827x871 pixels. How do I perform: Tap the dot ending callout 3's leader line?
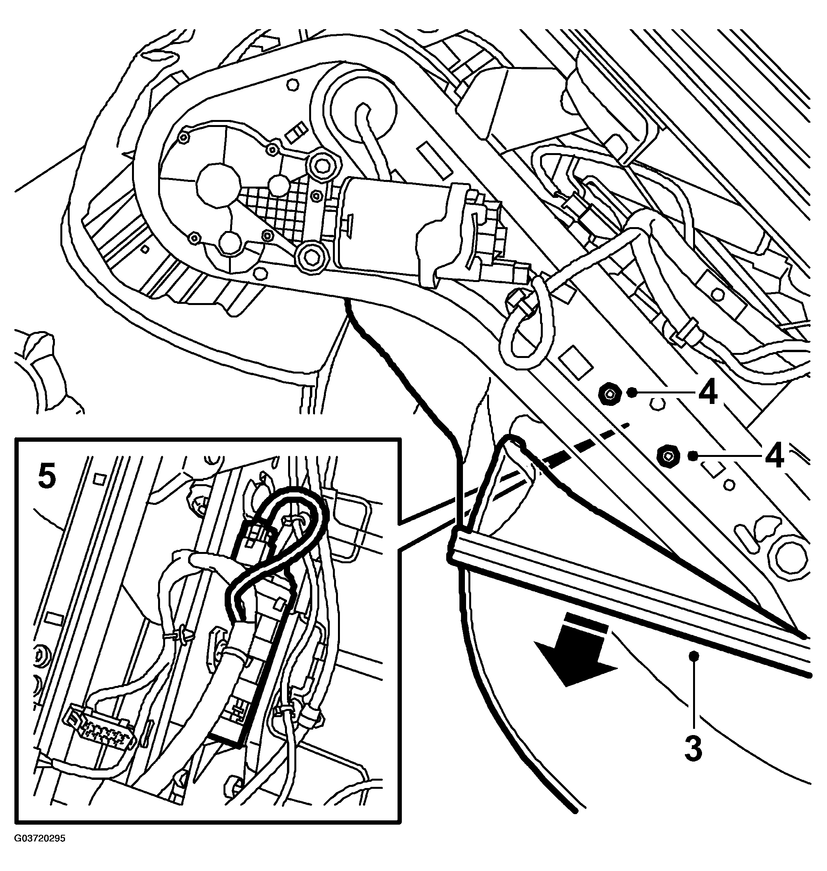coord(695,668)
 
